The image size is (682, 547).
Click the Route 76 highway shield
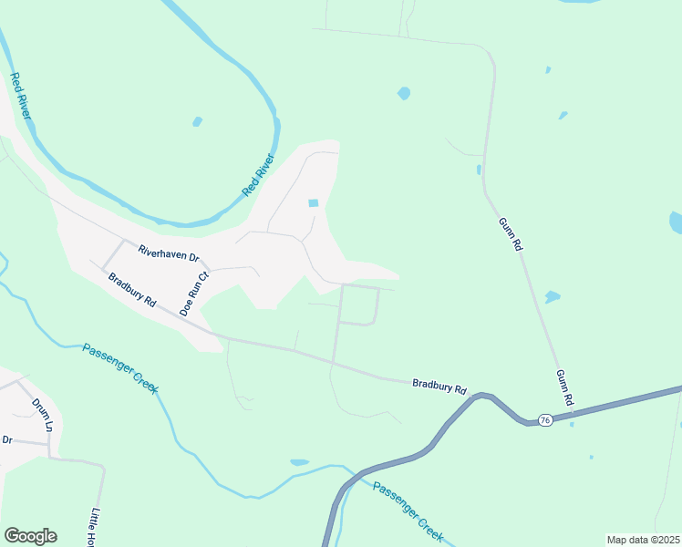coord(544,419)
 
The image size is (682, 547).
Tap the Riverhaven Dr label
coord(168,253)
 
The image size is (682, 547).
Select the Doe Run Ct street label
coord(194,293)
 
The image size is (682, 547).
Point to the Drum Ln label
coord(43,414)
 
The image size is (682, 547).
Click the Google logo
coord(30,536)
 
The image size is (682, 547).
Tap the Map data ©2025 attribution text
coord(642,540)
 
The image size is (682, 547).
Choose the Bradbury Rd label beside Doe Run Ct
coord(132,290)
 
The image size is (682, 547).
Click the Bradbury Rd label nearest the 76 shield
coord(439,387)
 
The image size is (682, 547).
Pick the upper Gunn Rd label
coord(511,234)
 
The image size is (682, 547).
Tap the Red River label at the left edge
coord(21,97)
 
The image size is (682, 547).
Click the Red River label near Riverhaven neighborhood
coord(258,176)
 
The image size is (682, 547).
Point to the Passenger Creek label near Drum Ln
coord(120,368)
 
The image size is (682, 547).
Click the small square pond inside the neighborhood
coord(314,203)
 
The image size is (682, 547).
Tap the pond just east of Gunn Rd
coord(552,297)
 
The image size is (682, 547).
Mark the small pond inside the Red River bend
coord(197,121)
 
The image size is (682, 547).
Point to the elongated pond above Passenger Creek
coord(299,462)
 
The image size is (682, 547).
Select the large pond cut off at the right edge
coord(676,222)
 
